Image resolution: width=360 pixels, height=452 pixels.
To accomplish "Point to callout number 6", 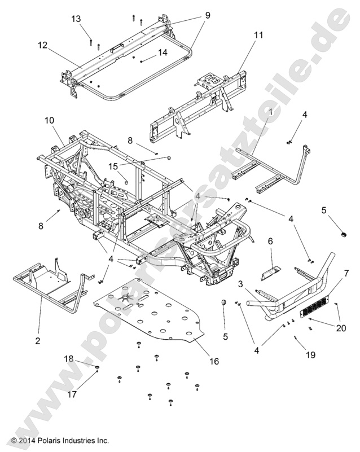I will click(270, 241).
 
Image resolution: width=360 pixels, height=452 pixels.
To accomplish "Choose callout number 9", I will click(208, 16).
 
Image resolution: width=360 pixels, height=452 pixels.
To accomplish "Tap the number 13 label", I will click(76, 19).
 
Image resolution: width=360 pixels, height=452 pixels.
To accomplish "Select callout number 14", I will click(163, 52).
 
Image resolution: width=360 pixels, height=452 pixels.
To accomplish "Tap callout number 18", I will click(68, 358).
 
